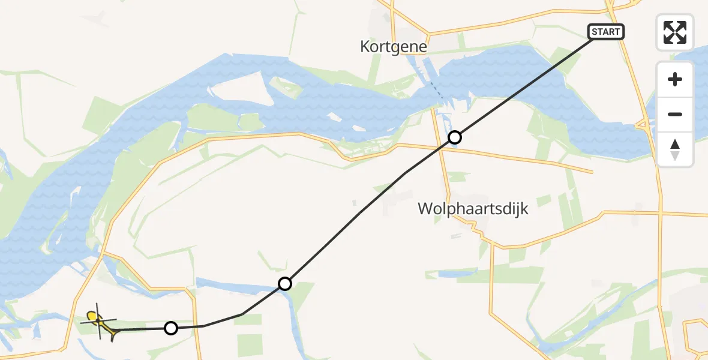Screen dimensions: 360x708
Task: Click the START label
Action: [x=606, y=32]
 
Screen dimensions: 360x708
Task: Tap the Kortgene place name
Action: [x=394, y=46]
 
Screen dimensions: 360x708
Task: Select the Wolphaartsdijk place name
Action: [x=473, y=209]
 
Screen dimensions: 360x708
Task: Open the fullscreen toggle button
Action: [x=675, y=32]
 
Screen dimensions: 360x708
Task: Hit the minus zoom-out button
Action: [x=675, y=114]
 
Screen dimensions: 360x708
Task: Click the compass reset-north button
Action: [x=675, y=149]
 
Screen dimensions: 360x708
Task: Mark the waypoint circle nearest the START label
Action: [x=455, y=137]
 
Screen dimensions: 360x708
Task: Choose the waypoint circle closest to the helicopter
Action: [x=171, y=328]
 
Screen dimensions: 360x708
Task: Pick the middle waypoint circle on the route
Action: [x=285, y=283]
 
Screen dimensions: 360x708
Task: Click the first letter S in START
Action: [x=595, y=32]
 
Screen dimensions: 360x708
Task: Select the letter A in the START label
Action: [x=606, y=32]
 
